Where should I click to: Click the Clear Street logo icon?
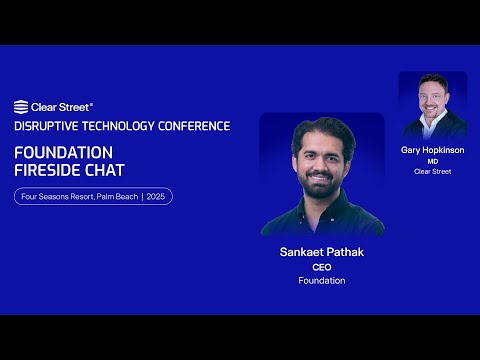click(x=21, y=106)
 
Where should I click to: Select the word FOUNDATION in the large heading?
click(x=63, y=151)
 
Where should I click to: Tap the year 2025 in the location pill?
click(x=156, y=197)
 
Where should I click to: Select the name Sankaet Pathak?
click(x=322, y=252)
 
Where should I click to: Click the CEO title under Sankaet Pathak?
click(x=322, y=267)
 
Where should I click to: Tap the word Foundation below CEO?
click(x=322, y=281)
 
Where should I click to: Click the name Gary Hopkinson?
click(x=433, y=150)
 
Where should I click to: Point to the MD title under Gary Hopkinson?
click(x=433, y=161)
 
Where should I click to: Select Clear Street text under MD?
click(x=433, y=171)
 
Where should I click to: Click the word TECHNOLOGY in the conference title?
click(x=123, y=126)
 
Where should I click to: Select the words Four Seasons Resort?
click(x=56, y=197)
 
